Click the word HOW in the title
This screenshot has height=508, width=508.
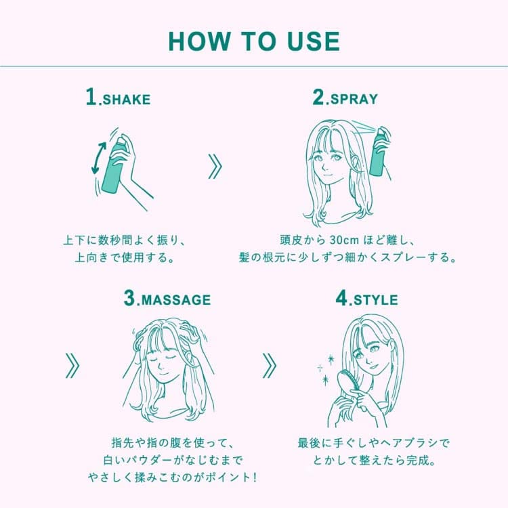198,41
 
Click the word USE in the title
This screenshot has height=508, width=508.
314,41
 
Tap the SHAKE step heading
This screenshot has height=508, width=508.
119,97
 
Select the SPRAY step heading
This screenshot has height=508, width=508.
345,97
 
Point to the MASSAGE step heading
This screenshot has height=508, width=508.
167,298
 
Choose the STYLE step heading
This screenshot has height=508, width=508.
366,298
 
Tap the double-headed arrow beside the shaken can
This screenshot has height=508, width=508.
98,158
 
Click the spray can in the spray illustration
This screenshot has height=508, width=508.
379,152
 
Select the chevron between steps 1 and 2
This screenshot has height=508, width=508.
215,167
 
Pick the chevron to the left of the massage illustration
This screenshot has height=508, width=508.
72,366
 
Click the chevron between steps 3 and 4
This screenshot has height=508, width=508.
269,366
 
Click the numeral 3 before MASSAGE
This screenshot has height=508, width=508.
129,298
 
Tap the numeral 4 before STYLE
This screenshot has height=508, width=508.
341,298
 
